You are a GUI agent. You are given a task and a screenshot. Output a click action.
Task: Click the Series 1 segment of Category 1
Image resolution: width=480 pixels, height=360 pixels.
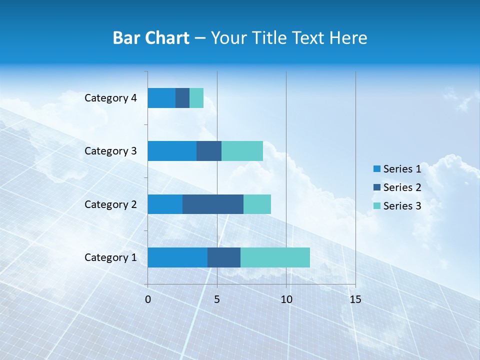pyautogui.click(x=177, y=257)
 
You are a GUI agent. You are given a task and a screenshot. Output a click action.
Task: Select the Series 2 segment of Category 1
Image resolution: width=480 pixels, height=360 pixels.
pyautogui.click(x=224, y=257)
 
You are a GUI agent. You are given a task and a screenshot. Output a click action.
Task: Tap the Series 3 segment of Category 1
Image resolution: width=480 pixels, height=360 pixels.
pyautogui.click(x=275, y=257)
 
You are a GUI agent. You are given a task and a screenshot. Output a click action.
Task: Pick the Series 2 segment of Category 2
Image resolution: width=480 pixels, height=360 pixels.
pyautogui.click(x=213, y=204)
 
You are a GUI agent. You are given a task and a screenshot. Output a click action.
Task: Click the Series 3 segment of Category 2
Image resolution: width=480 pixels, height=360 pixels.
pyautogui.click(x=257, y=204)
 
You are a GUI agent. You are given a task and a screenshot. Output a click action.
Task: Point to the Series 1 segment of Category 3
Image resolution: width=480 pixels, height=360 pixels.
pyautogui.click(x=172, y=151)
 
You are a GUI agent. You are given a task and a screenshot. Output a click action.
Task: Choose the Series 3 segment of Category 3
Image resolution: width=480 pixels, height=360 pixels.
pyautogui.click(x=242, y=151)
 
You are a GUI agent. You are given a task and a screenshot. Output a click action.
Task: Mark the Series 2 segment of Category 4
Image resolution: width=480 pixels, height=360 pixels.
pyautogui.click(x=182, y=98)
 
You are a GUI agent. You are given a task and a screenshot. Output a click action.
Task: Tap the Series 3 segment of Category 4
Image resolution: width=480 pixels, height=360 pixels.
pyautogui.click(x=196, y=98)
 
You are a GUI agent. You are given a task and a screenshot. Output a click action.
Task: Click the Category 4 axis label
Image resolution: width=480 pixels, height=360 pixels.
pyautogui.click(x=110, y=98)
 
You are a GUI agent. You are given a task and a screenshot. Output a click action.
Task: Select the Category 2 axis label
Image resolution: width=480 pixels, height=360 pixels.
pyautogui.click(x=110, y=204)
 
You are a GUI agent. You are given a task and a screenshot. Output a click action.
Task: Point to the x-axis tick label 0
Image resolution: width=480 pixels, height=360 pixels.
pyautogui.click(x=148, y=299)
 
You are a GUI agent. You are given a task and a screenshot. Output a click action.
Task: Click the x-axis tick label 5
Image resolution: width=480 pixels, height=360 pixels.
pyautogui.click(x=217, y=299)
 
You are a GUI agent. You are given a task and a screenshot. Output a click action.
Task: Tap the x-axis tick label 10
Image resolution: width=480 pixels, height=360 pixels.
pyautogui.click(x=286, y=299)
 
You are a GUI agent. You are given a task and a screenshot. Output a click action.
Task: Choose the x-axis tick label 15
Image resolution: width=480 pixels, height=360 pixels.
pyautogui.click(x=355, y=299)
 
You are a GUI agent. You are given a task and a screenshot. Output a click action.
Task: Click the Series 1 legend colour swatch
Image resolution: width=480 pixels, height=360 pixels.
pyautogui.click(x=377, y=169)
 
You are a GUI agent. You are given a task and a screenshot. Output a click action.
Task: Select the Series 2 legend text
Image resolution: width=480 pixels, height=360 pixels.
pyautogui.click(x=402, y=187)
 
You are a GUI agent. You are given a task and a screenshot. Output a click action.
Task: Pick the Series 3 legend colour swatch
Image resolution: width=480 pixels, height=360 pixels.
pyautogui.click(x=377, y=206)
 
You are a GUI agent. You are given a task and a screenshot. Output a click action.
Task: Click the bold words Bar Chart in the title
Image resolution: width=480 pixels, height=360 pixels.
pyautogui.click(x=151, y=38)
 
